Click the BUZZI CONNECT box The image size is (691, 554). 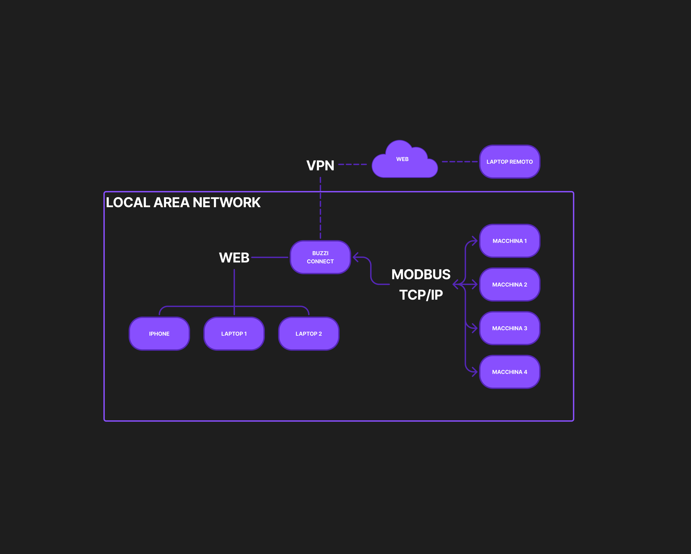click(320, 257)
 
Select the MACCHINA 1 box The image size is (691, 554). click(509, 241)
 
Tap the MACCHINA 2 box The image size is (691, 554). click(509, 284)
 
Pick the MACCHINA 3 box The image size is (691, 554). click(509, 328)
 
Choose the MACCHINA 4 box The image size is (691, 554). click(509, 372)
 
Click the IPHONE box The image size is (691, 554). click(159, 333)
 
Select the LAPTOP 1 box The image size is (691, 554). click(234, 333)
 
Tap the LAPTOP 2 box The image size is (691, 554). click(309, 333)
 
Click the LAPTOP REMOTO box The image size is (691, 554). click(509, 162)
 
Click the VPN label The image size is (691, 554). click(320, 165)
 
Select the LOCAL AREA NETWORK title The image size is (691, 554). click(183, 202)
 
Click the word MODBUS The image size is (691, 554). click(421, 274)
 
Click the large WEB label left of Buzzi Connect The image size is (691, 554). click(234, 258)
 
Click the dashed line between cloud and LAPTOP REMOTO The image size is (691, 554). click(460, 162)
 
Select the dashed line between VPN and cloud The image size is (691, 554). click(352, 164)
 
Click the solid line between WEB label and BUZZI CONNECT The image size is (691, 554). click(270, 257)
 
